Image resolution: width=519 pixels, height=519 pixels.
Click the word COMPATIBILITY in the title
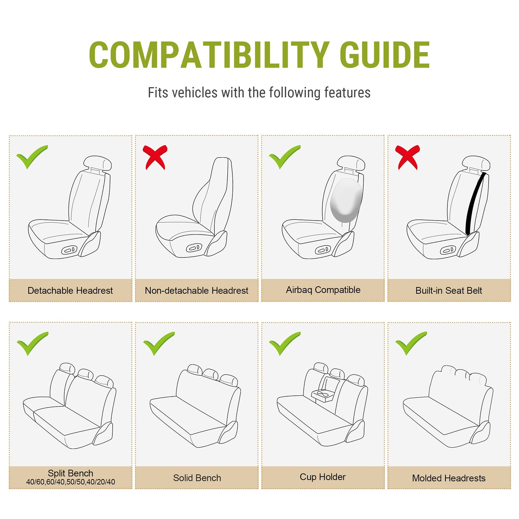[209, 55]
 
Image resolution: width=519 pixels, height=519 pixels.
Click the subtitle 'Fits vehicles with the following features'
[259, 92]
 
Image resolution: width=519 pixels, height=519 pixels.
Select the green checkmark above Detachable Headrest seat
[32, 157]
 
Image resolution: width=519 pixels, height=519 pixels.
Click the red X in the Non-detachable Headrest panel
[155, 157]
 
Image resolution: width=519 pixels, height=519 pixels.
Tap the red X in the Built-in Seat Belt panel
[407, 157]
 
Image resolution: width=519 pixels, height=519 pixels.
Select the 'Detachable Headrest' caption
[70, 290]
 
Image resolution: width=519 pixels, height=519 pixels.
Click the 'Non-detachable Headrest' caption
[196, 290]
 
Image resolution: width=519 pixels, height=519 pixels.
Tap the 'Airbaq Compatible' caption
[323, 290]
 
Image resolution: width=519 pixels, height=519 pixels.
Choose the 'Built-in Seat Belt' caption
[449, 290]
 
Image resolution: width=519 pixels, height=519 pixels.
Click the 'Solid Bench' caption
[197, 478]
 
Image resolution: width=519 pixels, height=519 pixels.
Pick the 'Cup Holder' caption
[323, 477]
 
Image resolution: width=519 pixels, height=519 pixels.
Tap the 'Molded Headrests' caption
[449, 478]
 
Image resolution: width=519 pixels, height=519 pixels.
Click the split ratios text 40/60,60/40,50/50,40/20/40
[70, 482]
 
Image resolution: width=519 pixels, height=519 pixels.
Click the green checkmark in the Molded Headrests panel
[411, 343]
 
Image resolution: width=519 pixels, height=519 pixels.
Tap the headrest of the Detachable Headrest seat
[97, 163]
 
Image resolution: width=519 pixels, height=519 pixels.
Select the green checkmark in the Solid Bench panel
[159, 343]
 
